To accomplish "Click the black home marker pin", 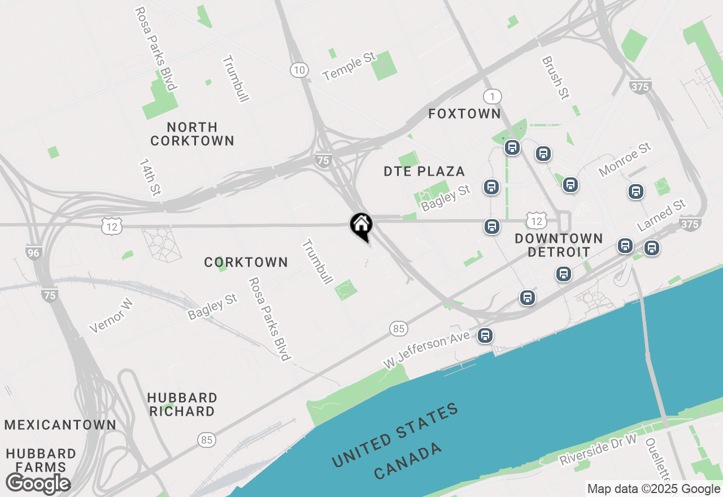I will point(361,226).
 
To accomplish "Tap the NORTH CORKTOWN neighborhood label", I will point(192,134).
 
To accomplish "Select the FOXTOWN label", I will point(464,114).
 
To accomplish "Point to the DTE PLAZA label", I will point(424,171).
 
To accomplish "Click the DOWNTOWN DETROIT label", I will point(559,245).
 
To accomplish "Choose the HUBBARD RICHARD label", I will point(182,404).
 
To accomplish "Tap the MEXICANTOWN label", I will point(60,425).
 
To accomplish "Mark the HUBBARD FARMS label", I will point(41,460).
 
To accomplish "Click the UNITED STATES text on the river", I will point(395,435).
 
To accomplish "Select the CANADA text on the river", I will point(408,462).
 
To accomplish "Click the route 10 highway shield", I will point(299,70).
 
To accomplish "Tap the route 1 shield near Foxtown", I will point(492,97).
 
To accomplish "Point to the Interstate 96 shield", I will point(34,252).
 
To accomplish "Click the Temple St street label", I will point(349,66).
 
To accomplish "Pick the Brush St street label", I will point(555,78).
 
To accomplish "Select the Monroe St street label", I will point(625,159).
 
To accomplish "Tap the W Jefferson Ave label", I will point(426,350).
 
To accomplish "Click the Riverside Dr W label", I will point(598,450).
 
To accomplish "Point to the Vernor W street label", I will point(111,316).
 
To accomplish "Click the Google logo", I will point(38,483).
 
